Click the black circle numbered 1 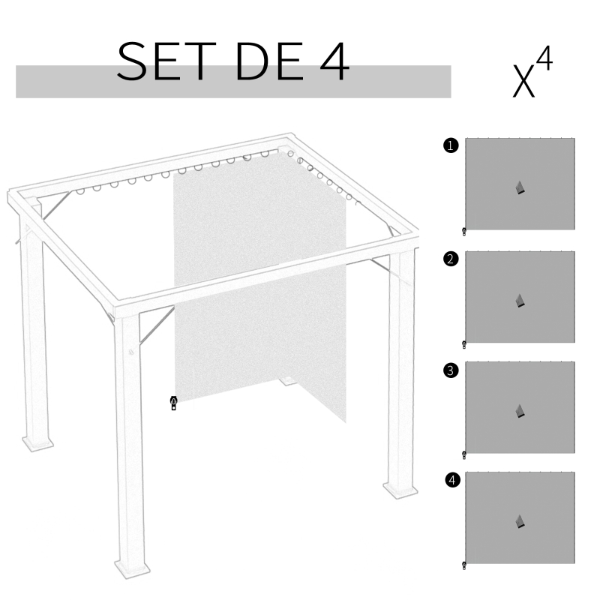click(450, 146)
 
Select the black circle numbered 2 click(450, 259)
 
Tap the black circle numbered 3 click(450, 370)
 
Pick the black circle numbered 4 click(450, 480)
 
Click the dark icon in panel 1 click(520, 188)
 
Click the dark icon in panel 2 click(520, 301)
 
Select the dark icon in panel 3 click(520, 411)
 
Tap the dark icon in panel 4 click(520, 521)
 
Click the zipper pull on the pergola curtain click(174, 403)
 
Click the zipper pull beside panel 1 click(464, 231)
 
